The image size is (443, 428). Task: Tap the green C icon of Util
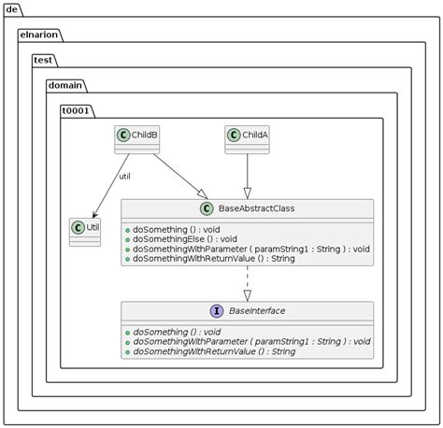[78, 227]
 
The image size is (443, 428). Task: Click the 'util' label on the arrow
[124, 177]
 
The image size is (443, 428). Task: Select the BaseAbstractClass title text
[256, 208]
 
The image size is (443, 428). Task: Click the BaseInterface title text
[256, 311]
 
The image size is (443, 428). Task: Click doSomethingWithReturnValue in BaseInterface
[215, 351]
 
